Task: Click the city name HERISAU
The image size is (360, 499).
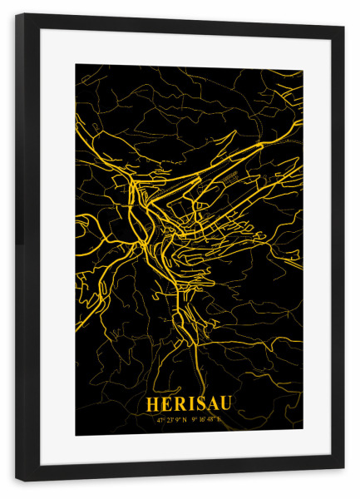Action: point(189,404)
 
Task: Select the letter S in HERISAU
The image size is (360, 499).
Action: point(195,404)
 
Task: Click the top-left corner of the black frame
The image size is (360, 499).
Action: point(16,14)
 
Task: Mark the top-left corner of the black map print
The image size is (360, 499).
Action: point(76,64)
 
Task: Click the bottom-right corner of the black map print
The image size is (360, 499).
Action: point(303,434)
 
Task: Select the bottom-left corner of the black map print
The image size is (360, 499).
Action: point(76,435)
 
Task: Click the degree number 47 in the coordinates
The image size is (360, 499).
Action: point(158,419)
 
